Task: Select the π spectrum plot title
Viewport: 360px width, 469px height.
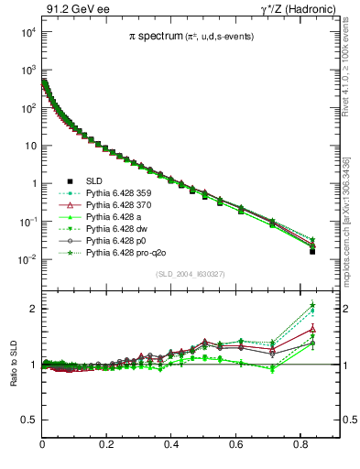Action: [x=191, y=36]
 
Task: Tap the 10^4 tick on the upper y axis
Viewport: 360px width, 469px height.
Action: [x=28, y=32]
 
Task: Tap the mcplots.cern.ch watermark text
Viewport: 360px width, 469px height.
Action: [x=352, y=183]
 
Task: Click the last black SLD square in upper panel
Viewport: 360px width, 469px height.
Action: [x=312, y=251]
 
